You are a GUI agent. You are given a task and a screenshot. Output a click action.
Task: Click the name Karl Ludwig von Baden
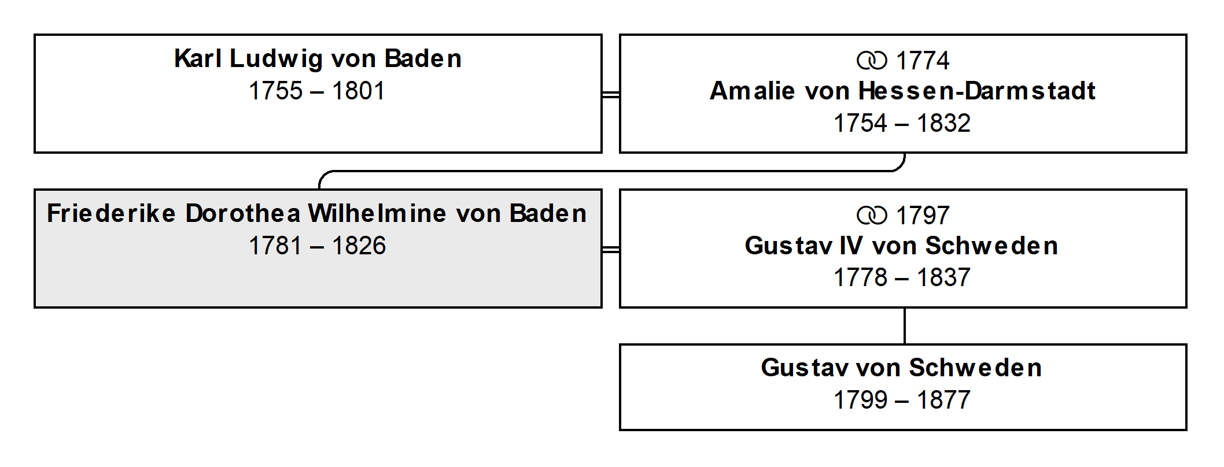318,58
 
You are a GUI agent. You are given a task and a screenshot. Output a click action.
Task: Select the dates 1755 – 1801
317,91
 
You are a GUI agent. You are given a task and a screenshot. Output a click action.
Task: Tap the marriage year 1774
922,61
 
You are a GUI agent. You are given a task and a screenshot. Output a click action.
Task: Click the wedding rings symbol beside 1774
872,61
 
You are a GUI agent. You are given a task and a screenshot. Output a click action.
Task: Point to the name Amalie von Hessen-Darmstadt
902,91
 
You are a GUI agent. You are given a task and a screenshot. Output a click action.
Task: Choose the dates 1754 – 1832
902,123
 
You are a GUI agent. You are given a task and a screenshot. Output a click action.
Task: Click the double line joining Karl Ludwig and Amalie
611,94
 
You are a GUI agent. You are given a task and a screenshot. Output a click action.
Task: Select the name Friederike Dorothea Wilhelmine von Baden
317,213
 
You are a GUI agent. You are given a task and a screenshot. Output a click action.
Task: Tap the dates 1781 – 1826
317,246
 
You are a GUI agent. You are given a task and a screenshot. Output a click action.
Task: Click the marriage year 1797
922,216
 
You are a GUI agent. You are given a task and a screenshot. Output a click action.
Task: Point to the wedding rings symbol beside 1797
872,216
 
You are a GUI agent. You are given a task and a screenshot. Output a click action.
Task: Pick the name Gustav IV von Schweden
902,246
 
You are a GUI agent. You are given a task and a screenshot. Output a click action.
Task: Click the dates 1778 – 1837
902,277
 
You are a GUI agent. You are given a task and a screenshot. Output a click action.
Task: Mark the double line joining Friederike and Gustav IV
611,249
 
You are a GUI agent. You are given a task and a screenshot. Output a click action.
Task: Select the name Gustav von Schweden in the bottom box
902,368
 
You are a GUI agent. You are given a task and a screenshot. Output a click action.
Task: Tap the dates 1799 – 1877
902,400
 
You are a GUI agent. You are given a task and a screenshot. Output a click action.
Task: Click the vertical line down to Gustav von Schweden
905,326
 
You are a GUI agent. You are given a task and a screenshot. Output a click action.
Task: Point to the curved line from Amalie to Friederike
612,171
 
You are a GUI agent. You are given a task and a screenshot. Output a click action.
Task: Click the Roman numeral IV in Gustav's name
851,246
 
